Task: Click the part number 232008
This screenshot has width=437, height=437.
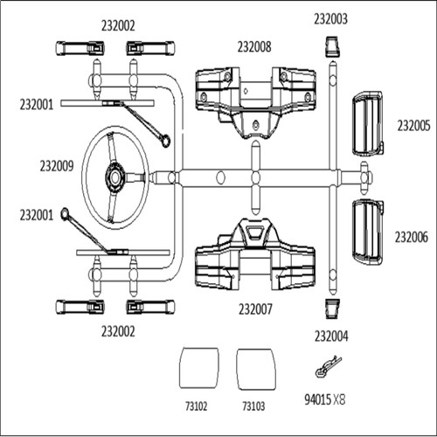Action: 254,47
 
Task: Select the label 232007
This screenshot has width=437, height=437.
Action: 255,309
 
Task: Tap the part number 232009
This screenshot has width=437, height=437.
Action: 57,166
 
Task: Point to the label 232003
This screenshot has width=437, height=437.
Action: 330,19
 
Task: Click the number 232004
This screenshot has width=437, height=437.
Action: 331,336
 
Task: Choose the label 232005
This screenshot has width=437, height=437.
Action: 413,126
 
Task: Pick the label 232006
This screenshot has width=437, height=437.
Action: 412,237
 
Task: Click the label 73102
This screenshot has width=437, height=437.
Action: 197,406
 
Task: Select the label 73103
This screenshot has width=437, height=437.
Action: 253,406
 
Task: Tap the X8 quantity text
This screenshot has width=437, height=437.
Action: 339,399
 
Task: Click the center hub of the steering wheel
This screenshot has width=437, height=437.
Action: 115,177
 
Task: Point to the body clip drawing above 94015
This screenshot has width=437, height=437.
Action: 329,367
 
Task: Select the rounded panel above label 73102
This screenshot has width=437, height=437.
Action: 199,368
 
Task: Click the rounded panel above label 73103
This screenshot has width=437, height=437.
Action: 256,369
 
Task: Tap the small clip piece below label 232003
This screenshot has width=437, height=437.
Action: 331,46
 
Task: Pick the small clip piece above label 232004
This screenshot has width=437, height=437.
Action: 332,309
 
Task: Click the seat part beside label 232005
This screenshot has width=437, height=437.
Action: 368,124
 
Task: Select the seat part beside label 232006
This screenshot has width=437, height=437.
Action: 368,232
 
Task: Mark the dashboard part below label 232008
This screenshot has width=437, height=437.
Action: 255,102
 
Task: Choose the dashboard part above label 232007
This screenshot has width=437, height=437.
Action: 255,254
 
